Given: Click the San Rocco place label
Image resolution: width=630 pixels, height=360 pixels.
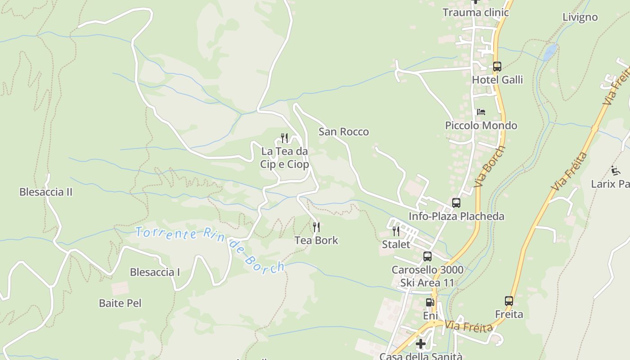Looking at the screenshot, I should point(343,132).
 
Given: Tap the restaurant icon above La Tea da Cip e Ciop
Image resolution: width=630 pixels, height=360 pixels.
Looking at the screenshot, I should point(284,138).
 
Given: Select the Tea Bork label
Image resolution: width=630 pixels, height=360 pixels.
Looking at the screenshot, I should point(316,240).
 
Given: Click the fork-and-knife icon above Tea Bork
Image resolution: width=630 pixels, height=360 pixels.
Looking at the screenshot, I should point(316,227).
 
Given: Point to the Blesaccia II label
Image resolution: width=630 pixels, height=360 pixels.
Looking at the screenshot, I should point(45,192).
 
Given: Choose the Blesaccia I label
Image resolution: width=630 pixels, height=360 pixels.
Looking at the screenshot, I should point(155,272).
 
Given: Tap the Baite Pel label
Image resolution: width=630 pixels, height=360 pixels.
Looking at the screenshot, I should point(120,303).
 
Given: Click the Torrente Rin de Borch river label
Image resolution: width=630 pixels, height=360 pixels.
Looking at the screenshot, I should point(210,249).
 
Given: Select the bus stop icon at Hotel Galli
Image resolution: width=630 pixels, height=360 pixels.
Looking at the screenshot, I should point(497,67).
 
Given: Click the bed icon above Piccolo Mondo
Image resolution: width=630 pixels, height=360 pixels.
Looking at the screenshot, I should point(481,112).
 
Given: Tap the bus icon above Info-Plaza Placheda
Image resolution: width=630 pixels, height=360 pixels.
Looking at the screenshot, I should point(456,203).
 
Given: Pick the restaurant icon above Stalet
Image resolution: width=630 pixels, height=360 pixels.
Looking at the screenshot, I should point(396,231).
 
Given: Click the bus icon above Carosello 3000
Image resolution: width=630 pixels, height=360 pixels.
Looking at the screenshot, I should point(427,256).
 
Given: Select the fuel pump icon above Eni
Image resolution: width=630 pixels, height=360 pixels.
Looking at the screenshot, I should point(430,302).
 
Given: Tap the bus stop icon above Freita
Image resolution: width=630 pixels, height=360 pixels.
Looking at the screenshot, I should point(509,301).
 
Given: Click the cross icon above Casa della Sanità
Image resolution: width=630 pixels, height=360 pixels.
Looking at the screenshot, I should point(421,344).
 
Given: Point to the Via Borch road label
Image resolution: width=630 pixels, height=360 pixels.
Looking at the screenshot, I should point(490,166).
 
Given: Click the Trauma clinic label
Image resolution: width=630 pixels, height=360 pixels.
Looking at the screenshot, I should point(476,12).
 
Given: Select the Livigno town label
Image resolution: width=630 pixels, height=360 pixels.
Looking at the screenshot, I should point(580,17).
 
